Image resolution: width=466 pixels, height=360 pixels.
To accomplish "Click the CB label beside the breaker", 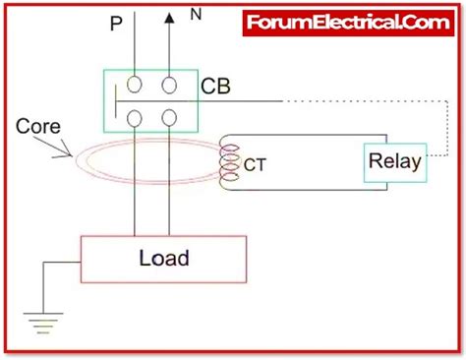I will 215,87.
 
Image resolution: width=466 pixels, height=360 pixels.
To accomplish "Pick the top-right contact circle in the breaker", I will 170,86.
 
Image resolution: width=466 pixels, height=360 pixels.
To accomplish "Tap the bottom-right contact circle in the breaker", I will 170,119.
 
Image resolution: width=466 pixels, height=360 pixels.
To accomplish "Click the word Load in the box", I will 164,260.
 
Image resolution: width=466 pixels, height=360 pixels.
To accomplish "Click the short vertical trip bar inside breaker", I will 117,102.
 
